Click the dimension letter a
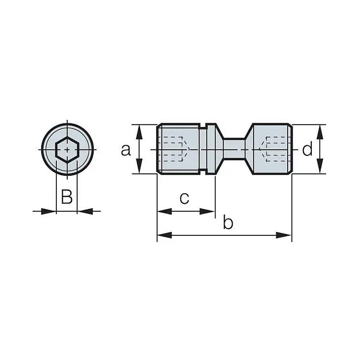coord(126,150)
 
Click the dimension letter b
coord(228,223)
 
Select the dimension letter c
coord(184,198)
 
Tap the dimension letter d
coord(307,150)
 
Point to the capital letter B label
coord(67,197)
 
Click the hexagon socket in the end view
coord(67,150)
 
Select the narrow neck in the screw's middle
coord(234,149)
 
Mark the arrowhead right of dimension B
coord(84,211)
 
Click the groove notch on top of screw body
coord(203,126)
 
